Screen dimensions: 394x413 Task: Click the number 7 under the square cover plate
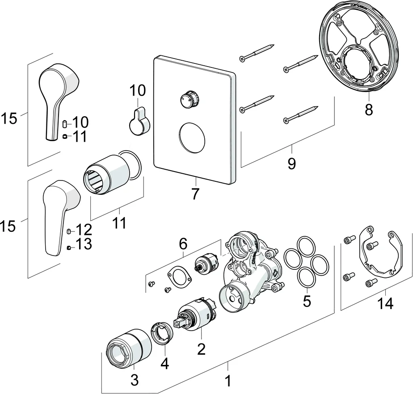tap(195, 194)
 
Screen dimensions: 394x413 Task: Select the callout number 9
tap(291, 163)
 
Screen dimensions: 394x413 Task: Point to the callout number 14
tap(385, 304)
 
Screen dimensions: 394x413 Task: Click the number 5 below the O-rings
tap(307, 301)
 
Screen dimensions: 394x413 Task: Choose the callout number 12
tap(83, 230)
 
